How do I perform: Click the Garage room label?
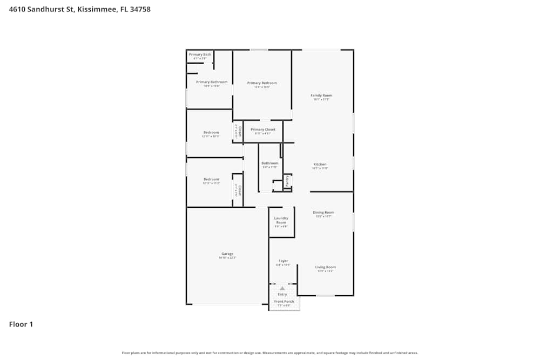click(227, 254)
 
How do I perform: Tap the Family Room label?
click(321, 96)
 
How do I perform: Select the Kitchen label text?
click(320, 164)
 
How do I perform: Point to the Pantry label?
click(288, 181)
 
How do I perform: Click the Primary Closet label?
click(263, 130)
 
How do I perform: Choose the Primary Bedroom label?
click(262, 83)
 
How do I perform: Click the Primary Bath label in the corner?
click(200, 55)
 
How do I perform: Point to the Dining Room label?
click(323, 212)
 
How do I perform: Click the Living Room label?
click(326, 267)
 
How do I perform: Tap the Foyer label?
click(283, 261)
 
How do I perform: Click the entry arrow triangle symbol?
click(282, 289)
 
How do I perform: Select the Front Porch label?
click(283, 302)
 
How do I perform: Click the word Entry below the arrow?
click(282, 294)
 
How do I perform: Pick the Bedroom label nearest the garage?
click(211, 179)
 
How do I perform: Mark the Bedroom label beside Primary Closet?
click(211, 132)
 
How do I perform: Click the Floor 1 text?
click(21, 324)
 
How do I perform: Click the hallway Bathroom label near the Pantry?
click(270, 163)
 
